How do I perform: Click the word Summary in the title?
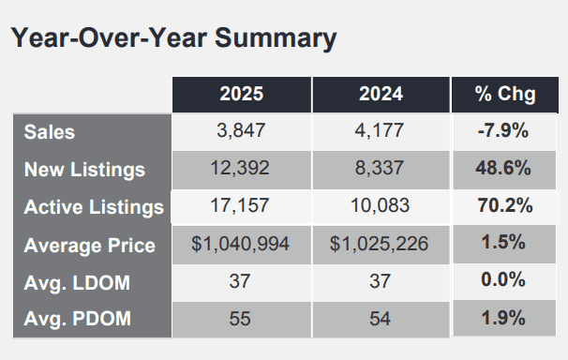tap(276, 38)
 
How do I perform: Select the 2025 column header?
tap(242, 94)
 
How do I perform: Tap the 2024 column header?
tap(381, 94)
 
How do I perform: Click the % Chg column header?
tap(505, 94)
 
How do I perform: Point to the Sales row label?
tap(50, 132)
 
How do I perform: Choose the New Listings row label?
tap(84, 170)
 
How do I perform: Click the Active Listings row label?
tap(94, 207)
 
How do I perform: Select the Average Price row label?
tap(89, 246)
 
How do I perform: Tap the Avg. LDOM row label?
tap(77, 282)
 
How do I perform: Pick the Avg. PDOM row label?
tap(77, 319)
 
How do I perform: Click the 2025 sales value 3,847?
tap(241, 130)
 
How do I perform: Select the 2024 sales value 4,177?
tap(379, 130)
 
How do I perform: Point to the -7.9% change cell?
tap(503, 130)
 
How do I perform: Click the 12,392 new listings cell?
tap(240, 168)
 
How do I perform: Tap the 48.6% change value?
tap(503, 168)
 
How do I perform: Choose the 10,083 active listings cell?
tap(380, 205)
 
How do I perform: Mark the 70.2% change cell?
tap(505, 205)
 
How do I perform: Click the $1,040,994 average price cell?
tap(240, 244)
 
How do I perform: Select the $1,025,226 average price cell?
tap(379, 244)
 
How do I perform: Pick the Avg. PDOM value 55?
tap(240, 319)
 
